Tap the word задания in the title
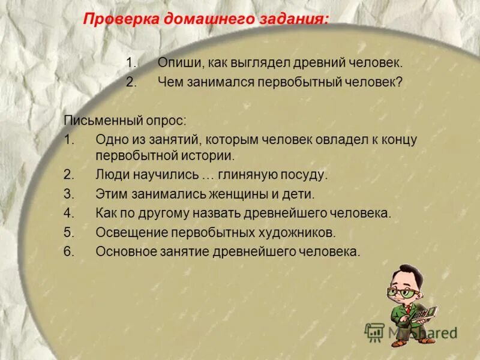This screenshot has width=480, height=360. [294, 19]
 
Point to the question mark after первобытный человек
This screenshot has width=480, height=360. [399, 82]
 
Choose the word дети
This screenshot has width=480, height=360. [300, 194]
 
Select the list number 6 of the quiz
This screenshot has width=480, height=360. [68, 251]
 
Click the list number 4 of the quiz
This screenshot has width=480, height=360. [68, 213]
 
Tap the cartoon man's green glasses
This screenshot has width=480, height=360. [401, 292]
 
